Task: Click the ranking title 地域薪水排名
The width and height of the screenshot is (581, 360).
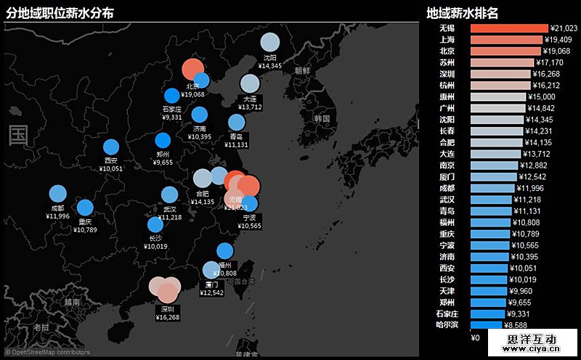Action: pos(462,12)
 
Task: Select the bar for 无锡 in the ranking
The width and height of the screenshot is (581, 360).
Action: pos(509,28)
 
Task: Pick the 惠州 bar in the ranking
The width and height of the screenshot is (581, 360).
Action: pos(498,97)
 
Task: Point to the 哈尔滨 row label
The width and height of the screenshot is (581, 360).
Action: pos(445,324)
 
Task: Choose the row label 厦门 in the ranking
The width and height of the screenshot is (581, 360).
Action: pos(447,176)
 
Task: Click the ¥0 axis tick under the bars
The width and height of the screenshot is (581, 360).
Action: pos(475,337)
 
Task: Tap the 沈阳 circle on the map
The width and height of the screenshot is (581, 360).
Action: pos(269,41)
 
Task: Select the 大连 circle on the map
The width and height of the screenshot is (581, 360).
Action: pos(250,82)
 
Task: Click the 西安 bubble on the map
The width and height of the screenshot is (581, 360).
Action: pos(111,147)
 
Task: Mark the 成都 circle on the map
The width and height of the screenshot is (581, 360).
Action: pos(58,194)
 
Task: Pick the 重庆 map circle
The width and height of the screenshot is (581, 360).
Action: pos(85,207)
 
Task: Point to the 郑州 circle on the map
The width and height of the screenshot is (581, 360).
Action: pos(163,141)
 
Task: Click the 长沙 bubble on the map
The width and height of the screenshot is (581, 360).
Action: pos(155,224)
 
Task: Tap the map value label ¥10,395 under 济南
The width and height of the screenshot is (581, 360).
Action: pos(200,136)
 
